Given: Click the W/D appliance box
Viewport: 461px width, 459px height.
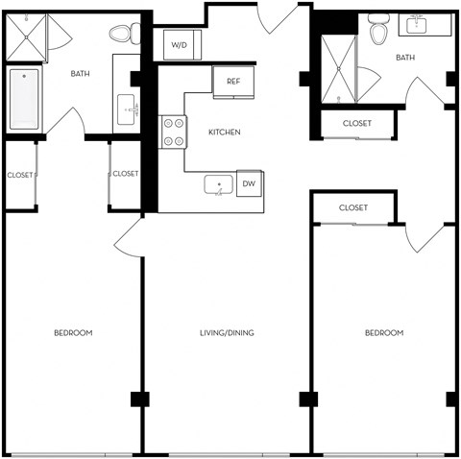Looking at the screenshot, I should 180,45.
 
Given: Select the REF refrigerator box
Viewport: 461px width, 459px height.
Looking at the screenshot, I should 233,82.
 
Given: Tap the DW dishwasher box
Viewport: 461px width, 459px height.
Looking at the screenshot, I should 249,183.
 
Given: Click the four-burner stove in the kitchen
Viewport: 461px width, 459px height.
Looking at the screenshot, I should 174,132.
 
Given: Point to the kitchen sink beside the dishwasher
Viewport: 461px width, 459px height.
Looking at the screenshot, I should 219,185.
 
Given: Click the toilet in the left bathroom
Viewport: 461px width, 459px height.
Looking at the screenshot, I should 120,35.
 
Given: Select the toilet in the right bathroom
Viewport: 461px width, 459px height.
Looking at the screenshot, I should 378,32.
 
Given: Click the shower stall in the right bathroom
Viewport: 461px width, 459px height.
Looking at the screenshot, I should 336,70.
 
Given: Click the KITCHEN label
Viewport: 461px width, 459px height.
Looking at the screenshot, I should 223,132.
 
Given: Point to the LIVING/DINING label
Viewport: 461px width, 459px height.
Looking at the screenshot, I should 226,333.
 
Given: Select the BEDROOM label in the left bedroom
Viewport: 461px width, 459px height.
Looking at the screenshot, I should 72,333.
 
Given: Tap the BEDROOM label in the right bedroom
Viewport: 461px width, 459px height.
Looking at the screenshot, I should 383,333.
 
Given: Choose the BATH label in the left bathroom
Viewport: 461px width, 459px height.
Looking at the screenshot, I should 81,73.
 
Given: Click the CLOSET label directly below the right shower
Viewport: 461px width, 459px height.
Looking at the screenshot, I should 356,123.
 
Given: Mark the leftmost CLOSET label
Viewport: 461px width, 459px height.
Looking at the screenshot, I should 19,175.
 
